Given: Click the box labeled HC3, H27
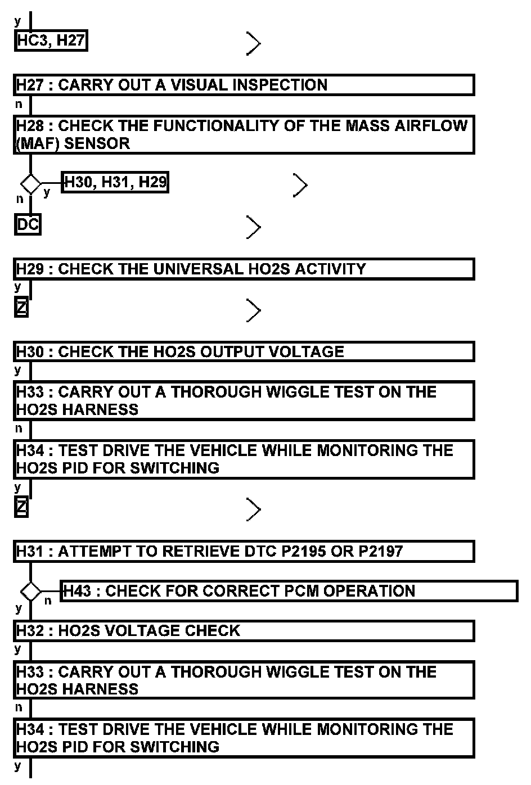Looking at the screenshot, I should (x=51, y=40).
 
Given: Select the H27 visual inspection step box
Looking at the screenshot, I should (x=244, y=85).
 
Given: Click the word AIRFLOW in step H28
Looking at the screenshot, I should (x=435, y=125).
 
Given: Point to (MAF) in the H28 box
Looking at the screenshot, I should (x=37, y=143).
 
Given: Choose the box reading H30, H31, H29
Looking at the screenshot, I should (x=115, y=182).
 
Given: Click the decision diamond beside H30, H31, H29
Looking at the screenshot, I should (x=30, y=184).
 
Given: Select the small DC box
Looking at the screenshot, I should (x=28, y=224).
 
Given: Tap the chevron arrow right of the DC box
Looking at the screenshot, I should (x=254, y=228).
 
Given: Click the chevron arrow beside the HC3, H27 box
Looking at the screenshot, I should (x=254, y=43).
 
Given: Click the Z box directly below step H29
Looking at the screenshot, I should (x=21, y=308).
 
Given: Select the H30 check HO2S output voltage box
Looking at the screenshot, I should (x=244, y=351).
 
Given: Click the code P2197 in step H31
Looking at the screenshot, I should (x=381, y=551).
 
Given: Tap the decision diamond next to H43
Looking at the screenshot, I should (x=30, y=592).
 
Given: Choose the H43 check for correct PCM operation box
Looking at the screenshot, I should (x=289, y=591).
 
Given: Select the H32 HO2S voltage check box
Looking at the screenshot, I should (x=244, y=630).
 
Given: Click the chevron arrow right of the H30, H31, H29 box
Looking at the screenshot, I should (x=300, y=186).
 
